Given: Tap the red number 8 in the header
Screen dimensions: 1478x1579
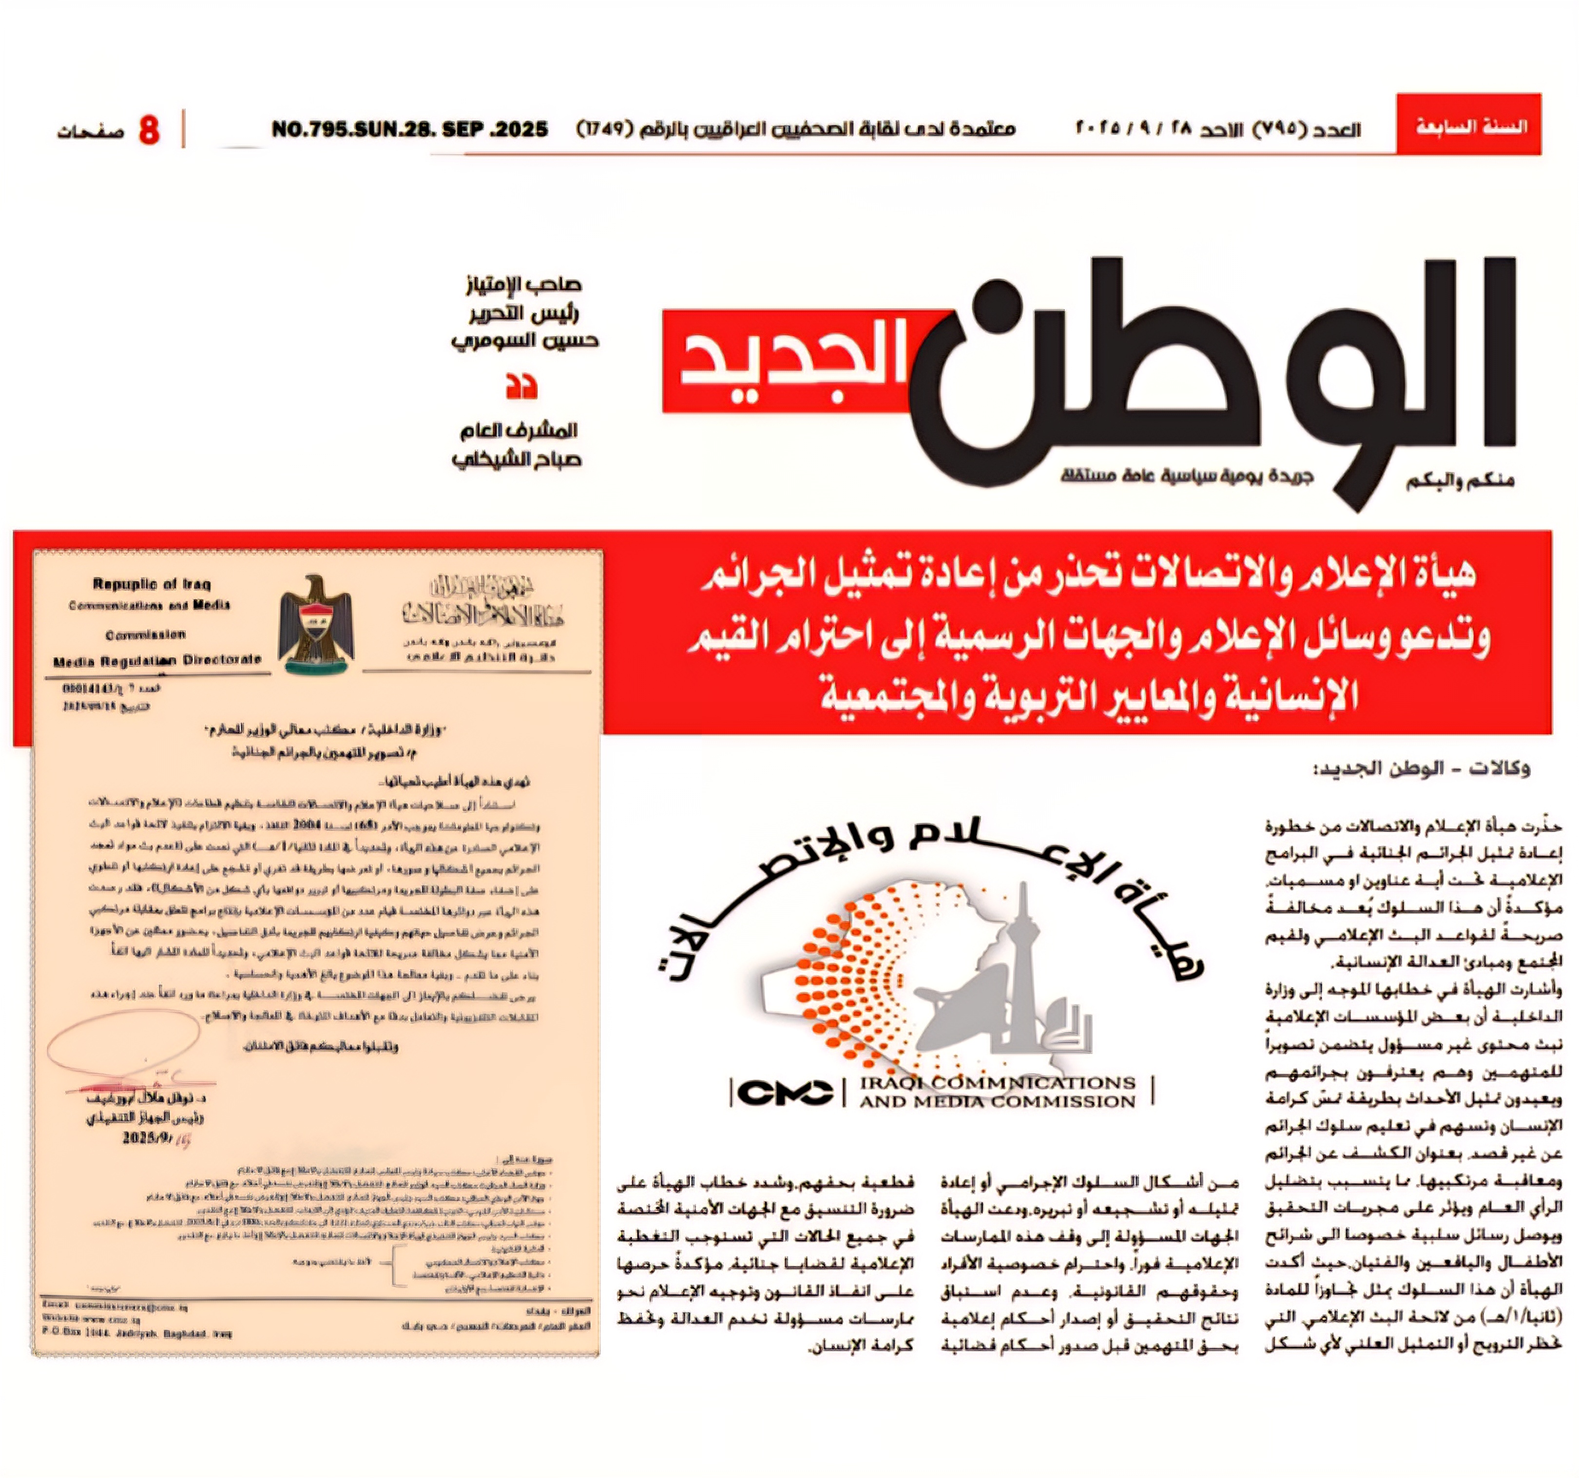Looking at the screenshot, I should click(x=149, y=130).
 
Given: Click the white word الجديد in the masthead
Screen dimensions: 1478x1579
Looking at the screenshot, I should click(x=794, y=362).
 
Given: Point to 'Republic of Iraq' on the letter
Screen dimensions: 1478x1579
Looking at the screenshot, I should click(x=152, y=585).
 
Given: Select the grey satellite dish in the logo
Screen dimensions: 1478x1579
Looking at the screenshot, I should click(x=961, y=995).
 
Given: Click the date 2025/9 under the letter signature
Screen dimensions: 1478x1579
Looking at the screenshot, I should click(x=151, y=1138).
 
